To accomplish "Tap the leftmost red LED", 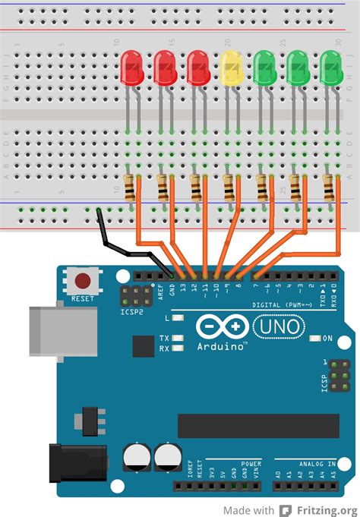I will [132, 68].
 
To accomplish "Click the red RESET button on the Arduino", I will [82, 282].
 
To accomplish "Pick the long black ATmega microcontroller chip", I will [258, 426].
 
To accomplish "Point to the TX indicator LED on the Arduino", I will [178, 338].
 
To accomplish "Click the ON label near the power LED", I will [328, 338].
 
